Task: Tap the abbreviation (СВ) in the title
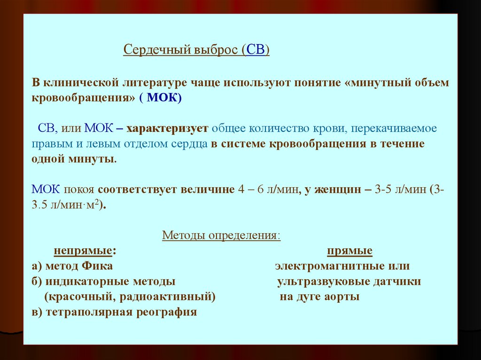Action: pyautogui.click(x=256, y=50)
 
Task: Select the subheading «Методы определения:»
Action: pyautogui.click(x=221, y=235)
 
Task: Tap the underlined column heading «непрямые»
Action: pyautogui.click(x=83, y=251)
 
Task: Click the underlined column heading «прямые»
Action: pyautogui.click(x=349, y=251)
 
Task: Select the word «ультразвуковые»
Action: pyautogui.click(x=315, y=282)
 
